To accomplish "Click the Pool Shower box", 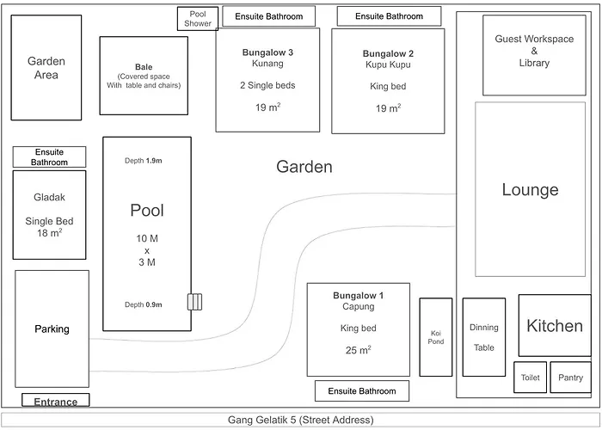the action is pyautogui.click(x=198, y=19).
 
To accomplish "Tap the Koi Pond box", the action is pyautogui.click(x=436, y=337).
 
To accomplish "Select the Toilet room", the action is pyautogui.click(x=531, y=378).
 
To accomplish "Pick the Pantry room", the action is pyautogui.click(x=570, y=378).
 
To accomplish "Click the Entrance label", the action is pyautogui.click(x=56, y=402).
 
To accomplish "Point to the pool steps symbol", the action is pyautogui.click(x=194, y=302).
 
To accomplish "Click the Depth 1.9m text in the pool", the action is pyautogui.click(x=144, y=161).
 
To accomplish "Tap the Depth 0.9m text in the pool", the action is pyautogui.click(x=144, y=304).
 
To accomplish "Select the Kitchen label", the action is pyautogui.click(x=555, y=326).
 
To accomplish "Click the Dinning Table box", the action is pyautogui.click(x=483, y=337).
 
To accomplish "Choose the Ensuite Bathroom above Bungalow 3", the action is pyautogui.click(x=268, y=16).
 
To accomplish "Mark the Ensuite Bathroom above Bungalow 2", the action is pyautogui.click(x=389, y=16).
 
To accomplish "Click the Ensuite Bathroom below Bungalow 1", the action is pyautogui.click(x=362, y=390).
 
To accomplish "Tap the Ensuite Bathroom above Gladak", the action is pyautogui.click(x=49, y=157).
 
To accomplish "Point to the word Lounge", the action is pyautogui.click(x=531, y=190).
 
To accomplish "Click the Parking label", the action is pyautogui.click(x=52, y=329).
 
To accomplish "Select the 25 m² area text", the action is pyautogui.click(x=359, y=350).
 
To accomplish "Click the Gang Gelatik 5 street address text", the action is pyautogui.click(x=301, y=420).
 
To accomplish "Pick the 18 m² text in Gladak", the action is pyautogui.click(x=50, y=233).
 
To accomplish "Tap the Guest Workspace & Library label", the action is pyautogui.click(x=534, y=51).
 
